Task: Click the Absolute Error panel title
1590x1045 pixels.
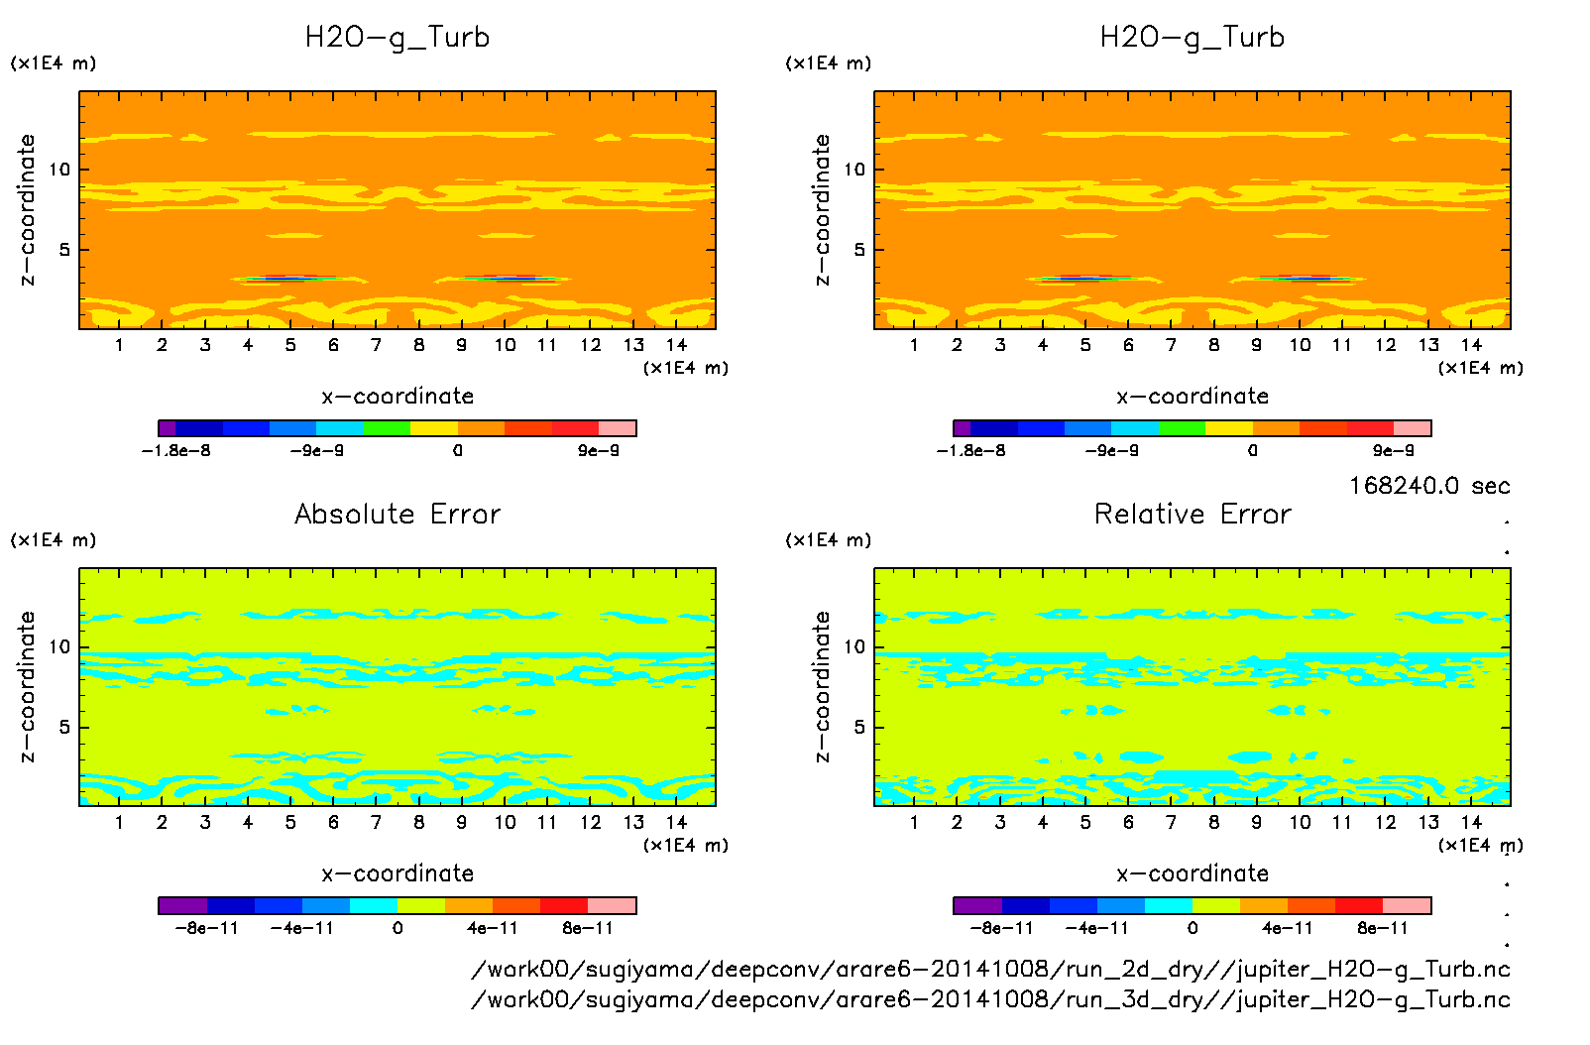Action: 397,515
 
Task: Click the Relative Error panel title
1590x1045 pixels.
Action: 1192,515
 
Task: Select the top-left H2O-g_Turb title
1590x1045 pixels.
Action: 397,38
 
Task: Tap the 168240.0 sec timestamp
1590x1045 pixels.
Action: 1429,486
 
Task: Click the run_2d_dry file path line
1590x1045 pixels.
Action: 990,969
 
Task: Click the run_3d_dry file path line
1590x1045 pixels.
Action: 990,999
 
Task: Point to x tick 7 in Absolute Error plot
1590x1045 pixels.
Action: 376,822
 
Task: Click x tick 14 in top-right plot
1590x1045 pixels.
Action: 1471,345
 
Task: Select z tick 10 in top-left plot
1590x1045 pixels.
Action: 60,170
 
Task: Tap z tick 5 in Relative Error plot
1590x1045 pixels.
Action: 859,727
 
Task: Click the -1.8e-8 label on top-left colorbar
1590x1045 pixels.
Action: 176,451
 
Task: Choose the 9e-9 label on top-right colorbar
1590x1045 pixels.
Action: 1393,451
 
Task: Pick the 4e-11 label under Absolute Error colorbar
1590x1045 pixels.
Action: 493,929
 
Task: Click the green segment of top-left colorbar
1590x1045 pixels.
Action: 387,428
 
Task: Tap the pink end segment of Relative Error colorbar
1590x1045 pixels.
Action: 1408,905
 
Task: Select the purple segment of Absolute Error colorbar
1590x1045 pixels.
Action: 182,905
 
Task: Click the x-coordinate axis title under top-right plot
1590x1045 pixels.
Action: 1192,397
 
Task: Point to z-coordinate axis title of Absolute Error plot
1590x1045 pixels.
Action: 27,686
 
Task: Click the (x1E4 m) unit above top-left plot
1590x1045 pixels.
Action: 54,63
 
